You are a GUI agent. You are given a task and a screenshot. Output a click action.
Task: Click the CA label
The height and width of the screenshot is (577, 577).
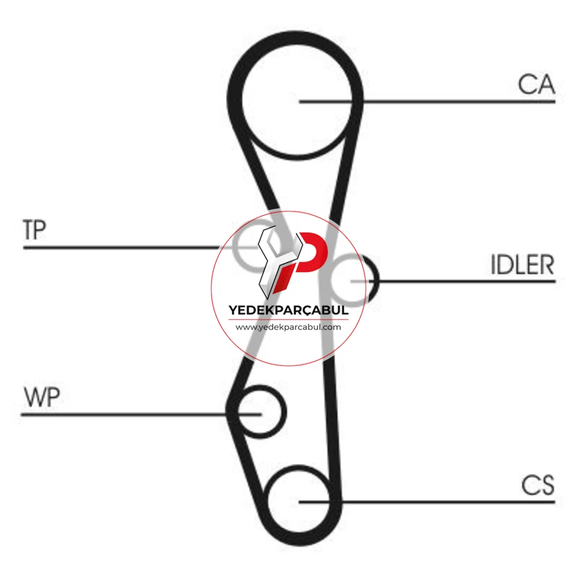536,85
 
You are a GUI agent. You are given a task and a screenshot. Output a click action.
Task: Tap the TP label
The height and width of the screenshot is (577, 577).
34,230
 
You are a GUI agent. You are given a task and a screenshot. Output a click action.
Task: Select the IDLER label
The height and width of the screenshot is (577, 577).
522,264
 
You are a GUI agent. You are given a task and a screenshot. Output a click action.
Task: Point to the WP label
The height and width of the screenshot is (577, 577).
42,397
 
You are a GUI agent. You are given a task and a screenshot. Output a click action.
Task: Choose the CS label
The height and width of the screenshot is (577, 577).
538,485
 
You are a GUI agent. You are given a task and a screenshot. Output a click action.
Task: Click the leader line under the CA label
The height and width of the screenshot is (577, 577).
427,101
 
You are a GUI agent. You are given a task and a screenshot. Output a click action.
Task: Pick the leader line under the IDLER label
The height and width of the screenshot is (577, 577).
452,281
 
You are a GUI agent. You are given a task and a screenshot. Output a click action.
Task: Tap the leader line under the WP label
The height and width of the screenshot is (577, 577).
141,415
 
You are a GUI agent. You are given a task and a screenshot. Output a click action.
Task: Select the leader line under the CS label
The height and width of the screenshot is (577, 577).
427,501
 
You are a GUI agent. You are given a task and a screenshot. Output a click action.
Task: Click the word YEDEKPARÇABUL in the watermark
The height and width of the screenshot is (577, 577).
288,310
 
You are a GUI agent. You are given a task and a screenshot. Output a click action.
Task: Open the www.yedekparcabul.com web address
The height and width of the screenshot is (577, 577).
288,327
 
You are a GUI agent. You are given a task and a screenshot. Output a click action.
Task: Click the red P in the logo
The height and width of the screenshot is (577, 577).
309,257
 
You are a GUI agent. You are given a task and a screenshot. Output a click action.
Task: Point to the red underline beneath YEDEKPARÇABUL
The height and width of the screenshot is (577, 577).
288,320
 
